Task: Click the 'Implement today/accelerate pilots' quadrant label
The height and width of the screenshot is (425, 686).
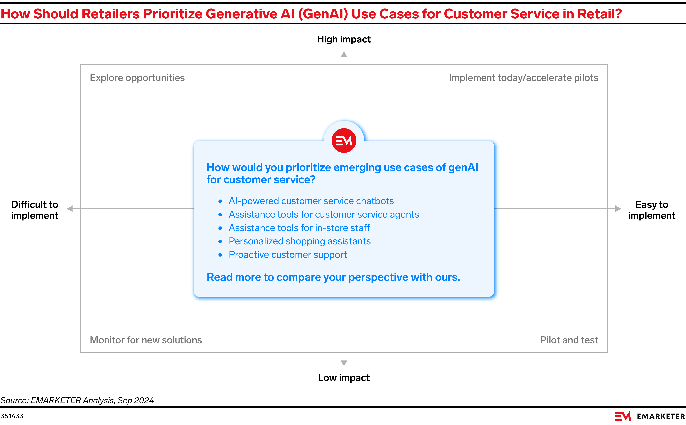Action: pos(523,78)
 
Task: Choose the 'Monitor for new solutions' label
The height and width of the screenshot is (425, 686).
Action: pos(146,340)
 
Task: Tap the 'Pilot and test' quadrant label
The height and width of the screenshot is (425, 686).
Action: pos(569,340)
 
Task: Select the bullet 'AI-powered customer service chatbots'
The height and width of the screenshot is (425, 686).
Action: pos(311,201)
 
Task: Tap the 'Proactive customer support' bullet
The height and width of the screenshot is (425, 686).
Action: pos(288,255)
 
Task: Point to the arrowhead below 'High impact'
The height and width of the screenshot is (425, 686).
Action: pos(344,54)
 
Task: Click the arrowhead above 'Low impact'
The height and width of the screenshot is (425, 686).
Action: pos(344,363)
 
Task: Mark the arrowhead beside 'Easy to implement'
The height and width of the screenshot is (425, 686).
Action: pos(618,209)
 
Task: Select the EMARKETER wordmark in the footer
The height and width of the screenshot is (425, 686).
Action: pos(660,416)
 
